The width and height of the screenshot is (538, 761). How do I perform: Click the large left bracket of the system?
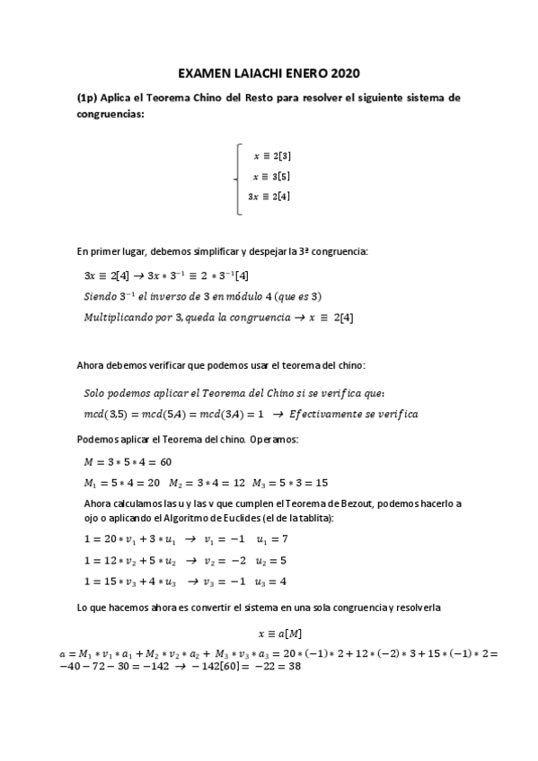pos(237,179)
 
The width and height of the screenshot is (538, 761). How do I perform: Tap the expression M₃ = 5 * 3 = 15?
pos(289,482)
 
